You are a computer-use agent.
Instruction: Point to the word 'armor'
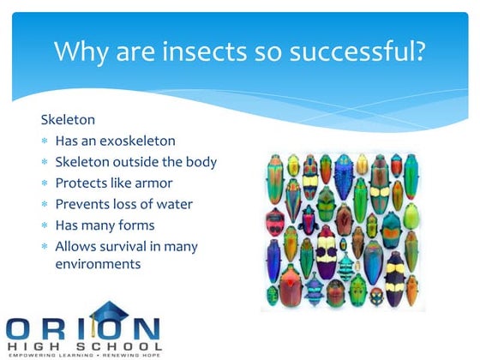(154, 183)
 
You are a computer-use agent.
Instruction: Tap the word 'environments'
(97, 264)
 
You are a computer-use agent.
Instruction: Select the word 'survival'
(126, 246)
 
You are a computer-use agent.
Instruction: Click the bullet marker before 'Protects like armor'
(45, 183)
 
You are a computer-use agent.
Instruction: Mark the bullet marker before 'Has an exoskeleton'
(45, 141)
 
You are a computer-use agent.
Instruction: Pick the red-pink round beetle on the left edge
(274, 220)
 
